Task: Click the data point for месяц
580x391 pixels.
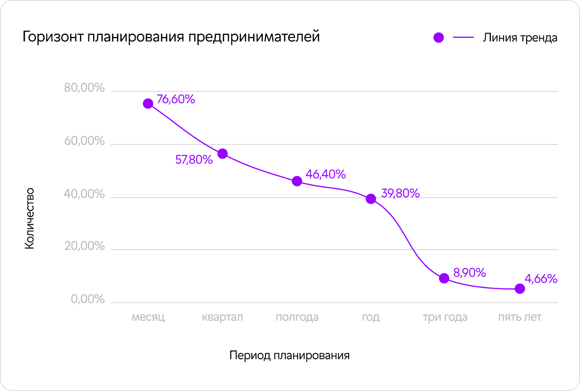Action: [148, 104]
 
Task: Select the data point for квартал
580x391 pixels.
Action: [223, 154]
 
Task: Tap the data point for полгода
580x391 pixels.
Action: [297, 181]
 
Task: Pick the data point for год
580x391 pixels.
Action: [371, 199]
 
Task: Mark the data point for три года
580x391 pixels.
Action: [444, 278]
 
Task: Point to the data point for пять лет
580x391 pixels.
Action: [520, 289]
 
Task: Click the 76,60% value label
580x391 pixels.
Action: [176, 99]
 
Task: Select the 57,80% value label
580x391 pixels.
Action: [194, 160]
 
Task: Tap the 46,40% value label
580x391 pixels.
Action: [326, 174]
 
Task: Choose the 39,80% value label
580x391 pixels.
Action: [400, 193]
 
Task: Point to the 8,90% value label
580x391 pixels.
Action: [469, 273]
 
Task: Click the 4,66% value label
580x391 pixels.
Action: [541, 279]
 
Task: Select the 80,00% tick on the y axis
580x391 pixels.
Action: [84, 88]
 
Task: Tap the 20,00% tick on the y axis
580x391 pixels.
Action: [84, 246]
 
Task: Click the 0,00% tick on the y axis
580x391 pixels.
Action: [88, 299]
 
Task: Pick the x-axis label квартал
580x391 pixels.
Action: [222, 317]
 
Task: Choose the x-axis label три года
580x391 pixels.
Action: [445, 317]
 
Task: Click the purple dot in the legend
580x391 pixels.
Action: [439, 38]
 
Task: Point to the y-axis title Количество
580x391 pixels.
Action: [29, 219]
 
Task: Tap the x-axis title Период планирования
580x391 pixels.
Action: [290, 355]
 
